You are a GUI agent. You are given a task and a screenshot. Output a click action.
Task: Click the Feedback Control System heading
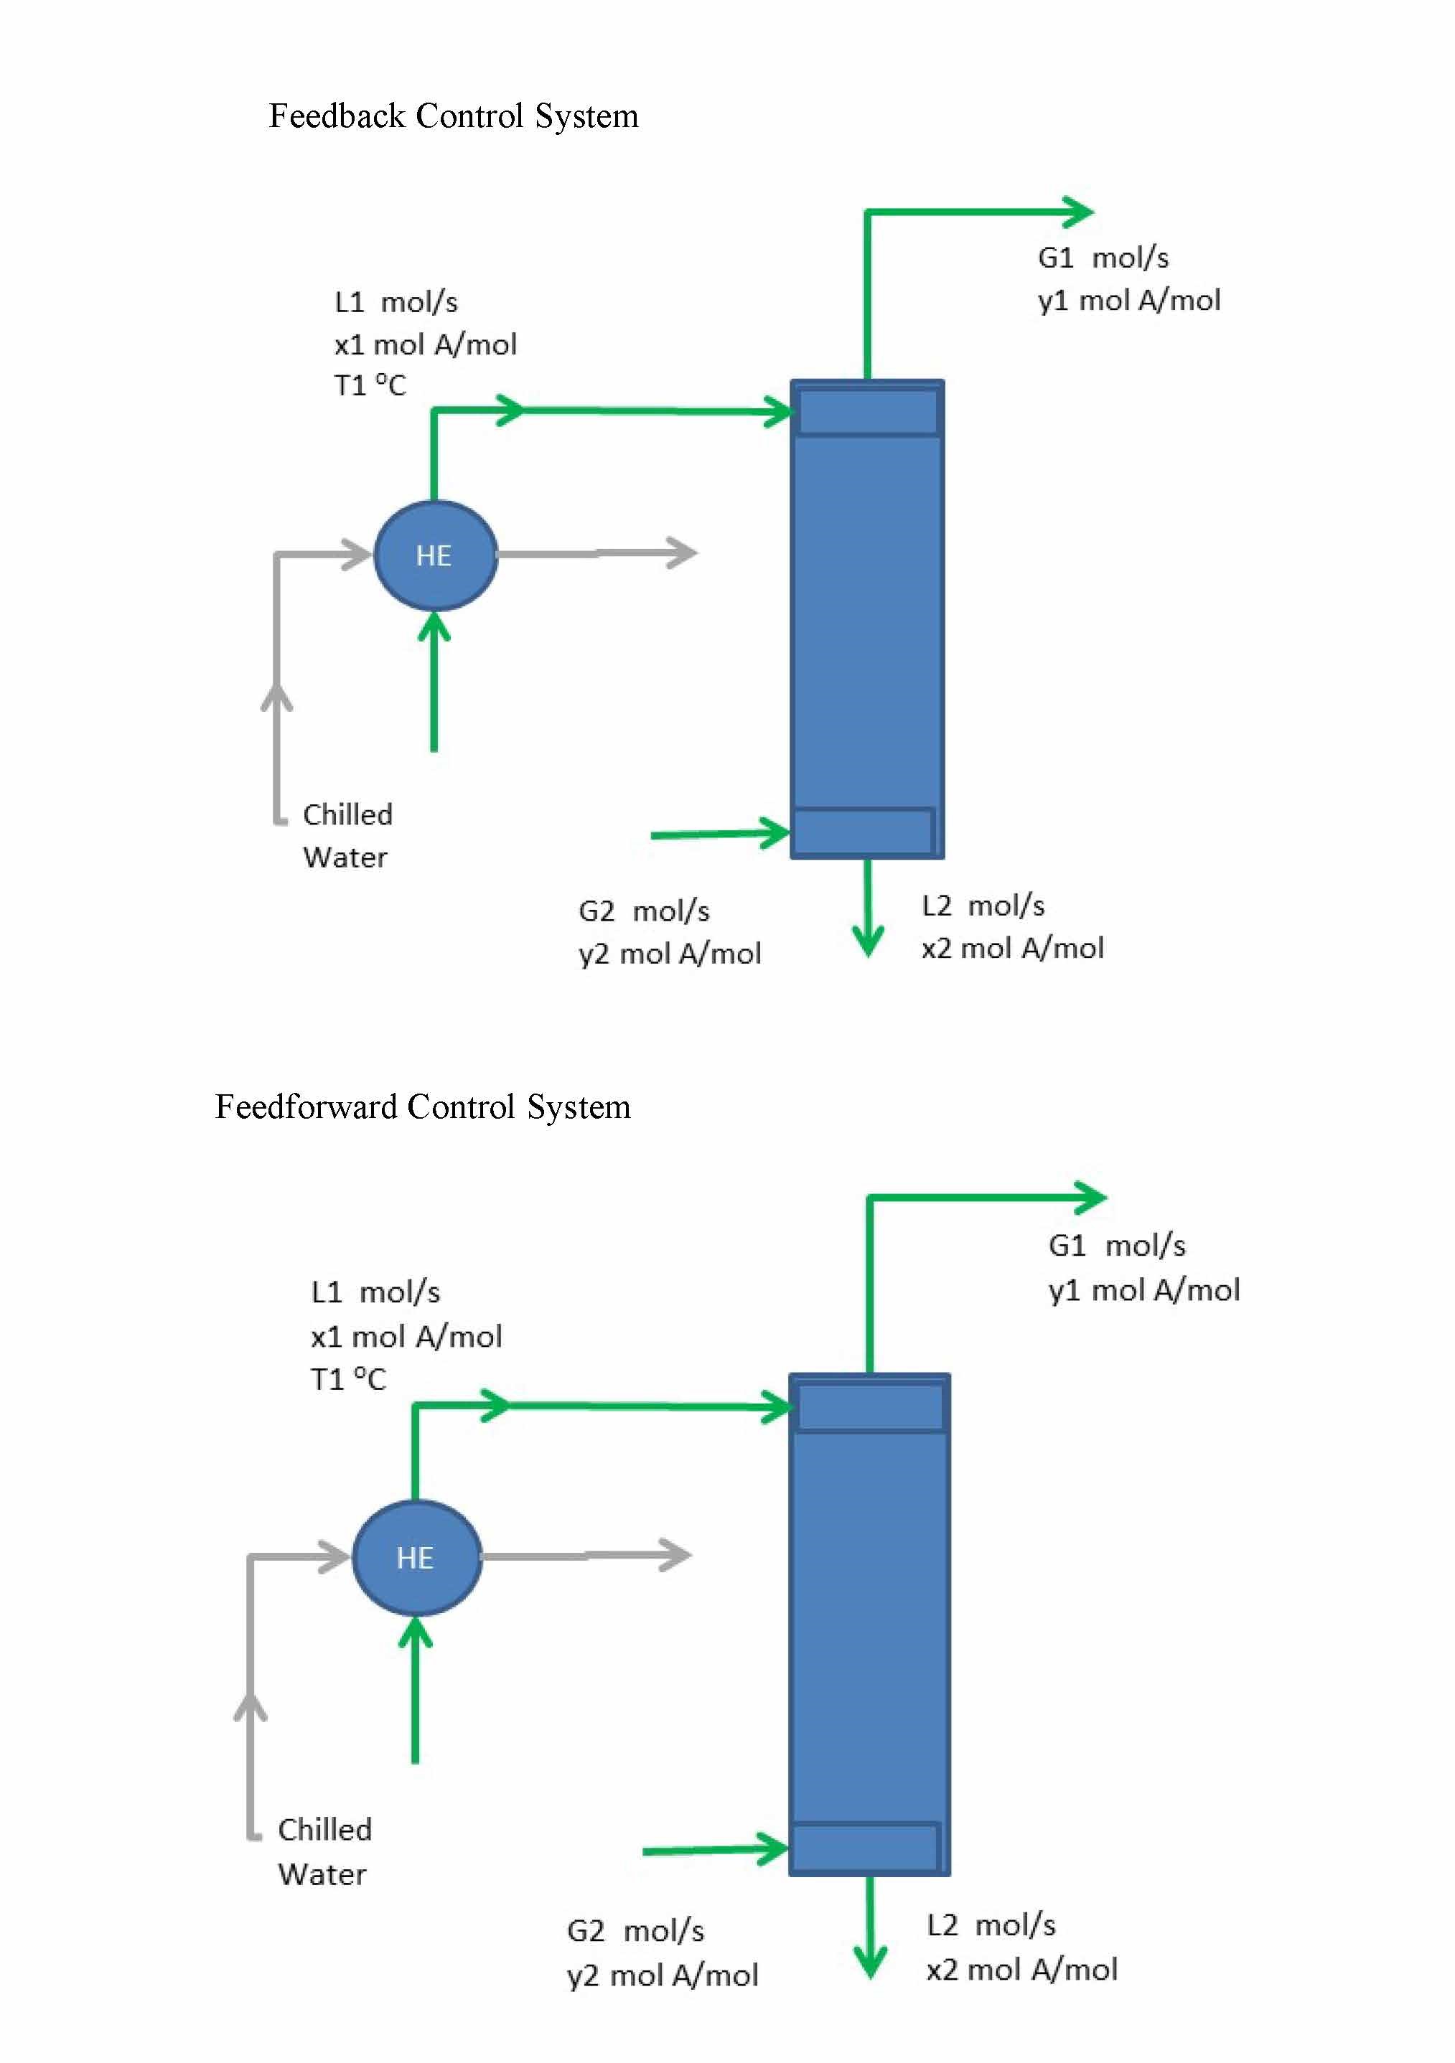coord(453,117)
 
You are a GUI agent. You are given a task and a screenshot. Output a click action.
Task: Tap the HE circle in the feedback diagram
coord(434,555)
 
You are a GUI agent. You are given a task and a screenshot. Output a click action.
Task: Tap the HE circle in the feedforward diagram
coord(415,1557)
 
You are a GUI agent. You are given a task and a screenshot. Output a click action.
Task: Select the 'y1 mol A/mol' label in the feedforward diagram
coord(1143,1290)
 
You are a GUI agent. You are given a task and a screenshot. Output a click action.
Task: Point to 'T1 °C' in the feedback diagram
coord(370,385)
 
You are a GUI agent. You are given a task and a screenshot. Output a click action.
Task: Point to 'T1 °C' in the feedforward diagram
coord(348,1379)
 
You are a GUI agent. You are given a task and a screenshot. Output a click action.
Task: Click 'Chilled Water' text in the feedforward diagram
coord(324,1851)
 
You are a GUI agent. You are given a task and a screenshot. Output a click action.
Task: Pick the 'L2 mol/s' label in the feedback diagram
coord(983,906)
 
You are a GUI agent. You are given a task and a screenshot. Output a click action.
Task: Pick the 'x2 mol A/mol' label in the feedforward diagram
coord(1022,1970)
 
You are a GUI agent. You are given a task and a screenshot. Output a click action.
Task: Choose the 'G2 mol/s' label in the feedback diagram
coord(643,911)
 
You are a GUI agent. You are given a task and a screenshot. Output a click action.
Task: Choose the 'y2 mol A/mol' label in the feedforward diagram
coord(663,1975)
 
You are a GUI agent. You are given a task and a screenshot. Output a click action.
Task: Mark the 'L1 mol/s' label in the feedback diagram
coord(396,302)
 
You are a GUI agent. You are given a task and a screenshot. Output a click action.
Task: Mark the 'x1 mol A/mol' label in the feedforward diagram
coord(406,1337)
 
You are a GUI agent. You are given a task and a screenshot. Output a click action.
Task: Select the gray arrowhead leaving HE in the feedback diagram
coord(683,553)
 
